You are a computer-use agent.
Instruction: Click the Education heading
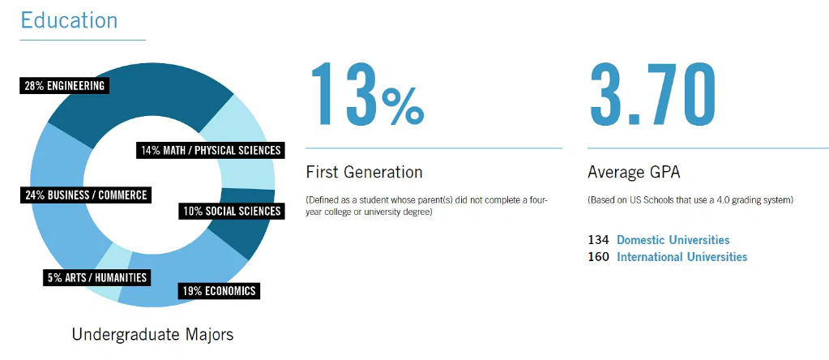[x=69, y=20]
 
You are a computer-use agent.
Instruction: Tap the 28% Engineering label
[x=65, y=86]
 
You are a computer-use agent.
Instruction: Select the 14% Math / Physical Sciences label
[x=211, y=150]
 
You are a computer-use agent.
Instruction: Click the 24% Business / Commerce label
[x=86, y=195]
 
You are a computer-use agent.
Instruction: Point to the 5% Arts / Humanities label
[x=96, y=277]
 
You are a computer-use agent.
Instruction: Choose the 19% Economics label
[x=219, y=290]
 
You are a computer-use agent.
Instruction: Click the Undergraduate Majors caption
[x=152, y=335]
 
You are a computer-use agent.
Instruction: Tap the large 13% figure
[x=366, y=95]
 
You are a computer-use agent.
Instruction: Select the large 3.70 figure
[x=653, y=95]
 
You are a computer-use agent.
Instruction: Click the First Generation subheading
[x=365, y=172]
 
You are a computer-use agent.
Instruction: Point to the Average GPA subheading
[x=635, y=173]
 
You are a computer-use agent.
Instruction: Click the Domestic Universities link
[x=673, y=240]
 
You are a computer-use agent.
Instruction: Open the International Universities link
[x=682, y=257]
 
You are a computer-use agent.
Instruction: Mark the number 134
[x=599, y=240]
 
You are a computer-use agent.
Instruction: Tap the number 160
[x=599, y=257]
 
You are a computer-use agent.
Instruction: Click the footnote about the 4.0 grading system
[x=690, y=201]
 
